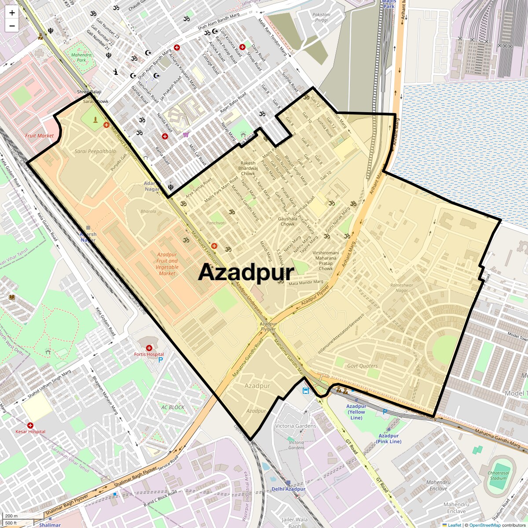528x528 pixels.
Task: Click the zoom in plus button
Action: point(12,13)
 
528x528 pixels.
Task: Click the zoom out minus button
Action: point(12,26)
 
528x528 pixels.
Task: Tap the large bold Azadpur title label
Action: point(246,272)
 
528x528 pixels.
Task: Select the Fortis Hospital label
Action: point(149,354)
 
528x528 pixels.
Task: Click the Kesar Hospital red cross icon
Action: point(30,425)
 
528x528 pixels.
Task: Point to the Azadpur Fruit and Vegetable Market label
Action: point(167,264)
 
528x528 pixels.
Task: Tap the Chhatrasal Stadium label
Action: point(498,476)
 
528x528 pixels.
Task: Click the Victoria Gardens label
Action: point(296,426)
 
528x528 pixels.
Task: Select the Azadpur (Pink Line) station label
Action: point(389,439)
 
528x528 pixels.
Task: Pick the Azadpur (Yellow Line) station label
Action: point(356,412)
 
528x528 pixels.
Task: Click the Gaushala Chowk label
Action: point(288,221)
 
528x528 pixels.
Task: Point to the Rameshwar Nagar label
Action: point(402,288)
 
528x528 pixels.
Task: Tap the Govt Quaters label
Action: point(363,366)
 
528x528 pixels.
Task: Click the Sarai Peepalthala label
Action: point(95,151)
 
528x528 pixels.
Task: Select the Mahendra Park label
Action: point(81,58)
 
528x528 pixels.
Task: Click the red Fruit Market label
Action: point(39,136)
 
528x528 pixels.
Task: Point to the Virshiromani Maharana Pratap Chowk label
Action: point(326,260)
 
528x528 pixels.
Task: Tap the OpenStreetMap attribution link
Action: point(484,525)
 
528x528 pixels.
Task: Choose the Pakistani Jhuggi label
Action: point(321,17)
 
